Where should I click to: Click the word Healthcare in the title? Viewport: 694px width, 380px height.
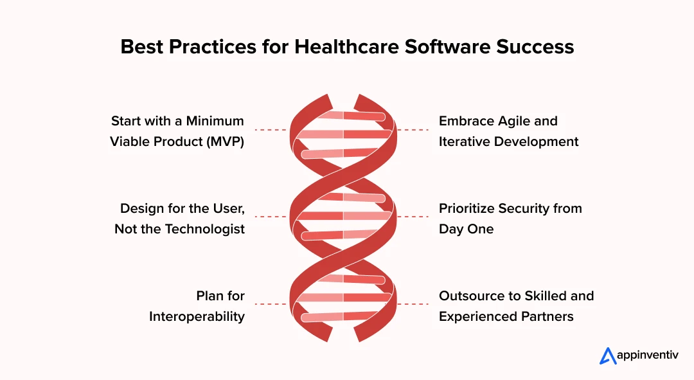[x=346, y=47]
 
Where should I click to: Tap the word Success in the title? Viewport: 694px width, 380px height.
[x=535, y=47]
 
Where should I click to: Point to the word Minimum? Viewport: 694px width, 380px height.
[x=215, y=121]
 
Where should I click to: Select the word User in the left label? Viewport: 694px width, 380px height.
[x=228, y=208]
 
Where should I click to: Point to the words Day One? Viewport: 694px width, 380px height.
[x=466, y=230]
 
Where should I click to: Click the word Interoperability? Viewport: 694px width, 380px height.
[x=197, y=316]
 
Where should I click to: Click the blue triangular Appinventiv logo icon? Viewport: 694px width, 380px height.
[x=608, y=356]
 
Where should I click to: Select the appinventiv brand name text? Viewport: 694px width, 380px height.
[x=648, y=355]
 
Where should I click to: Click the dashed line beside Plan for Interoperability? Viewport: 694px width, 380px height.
[x=271, y=304]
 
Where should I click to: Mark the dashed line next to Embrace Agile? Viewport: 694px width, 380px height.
[x=413, y=130]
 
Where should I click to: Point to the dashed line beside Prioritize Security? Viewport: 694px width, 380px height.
[x=413, y=217]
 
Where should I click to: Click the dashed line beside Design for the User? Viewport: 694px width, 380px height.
[x=271, y=217]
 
